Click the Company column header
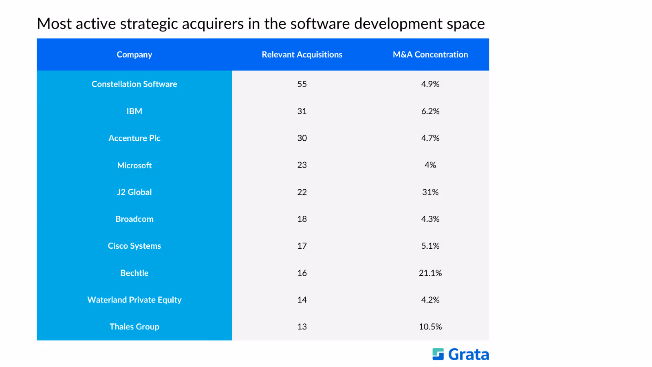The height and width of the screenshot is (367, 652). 134,55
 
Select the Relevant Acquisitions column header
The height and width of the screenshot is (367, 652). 302,55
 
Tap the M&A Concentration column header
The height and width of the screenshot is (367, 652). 430,55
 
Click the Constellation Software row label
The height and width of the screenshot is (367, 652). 134,84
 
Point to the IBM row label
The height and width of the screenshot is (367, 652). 134,111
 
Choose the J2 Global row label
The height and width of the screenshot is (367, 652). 134,192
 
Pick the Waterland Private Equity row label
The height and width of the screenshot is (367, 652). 134,300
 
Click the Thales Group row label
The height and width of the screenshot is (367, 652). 134,327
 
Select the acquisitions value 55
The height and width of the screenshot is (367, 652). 302,84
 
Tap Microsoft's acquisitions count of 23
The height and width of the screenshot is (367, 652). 302,165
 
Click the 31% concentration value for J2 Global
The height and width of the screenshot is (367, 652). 430,192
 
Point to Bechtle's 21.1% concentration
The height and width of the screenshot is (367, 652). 430,273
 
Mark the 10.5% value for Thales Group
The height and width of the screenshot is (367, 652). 430,327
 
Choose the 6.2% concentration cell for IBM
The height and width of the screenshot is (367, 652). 430,111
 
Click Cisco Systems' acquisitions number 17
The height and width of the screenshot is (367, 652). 302,246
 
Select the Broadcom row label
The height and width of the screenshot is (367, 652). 134,219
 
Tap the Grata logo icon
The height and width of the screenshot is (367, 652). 438,354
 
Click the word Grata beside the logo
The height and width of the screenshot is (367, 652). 469,354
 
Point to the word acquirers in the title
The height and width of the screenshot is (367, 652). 213,24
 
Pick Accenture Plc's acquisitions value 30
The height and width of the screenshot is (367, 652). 302,138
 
